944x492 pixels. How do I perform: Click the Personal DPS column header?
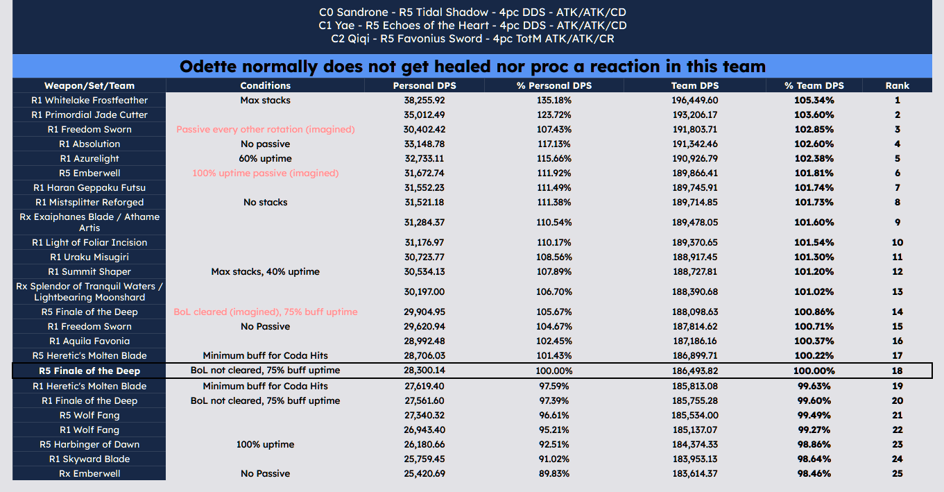pos(424,85)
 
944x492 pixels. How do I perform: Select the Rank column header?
pos(898,85)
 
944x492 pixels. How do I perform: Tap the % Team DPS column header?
pos(814,85)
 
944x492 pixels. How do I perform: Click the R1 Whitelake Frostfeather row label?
pos(89,101)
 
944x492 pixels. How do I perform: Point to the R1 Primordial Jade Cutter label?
pos(89,114)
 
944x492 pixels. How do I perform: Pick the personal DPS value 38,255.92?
pos(424,101)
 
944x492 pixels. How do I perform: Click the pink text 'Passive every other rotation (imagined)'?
pos(266,130)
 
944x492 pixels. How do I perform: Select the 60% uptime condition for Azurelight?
pos(266,158)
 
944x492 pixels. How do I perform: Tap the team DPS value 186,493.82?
pos(695,371)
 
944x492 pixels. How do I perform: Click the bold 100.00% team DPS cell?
pos(814,371)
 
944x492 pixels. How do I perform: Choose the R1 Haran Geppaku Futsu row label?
pos(89,187)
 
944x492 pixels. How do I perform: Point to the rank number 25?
pos(898,473)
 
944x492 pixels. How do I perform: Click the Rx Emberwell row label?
pos(89,473)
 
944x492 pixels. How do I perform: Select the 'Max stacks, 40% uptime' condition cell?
pos(266,271)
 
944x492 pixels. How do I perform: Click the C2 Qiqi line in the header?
pos(472,39)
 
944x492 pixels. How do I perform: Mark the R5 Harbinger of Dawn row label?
pos(89,444)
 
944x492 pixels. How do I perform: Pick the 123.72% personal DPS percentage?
pos(554,114)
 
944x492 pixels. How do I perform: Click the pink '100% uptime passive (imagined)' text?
pos(266,173)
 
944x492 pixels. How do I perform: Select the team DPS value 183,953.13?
pos(695,459)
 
